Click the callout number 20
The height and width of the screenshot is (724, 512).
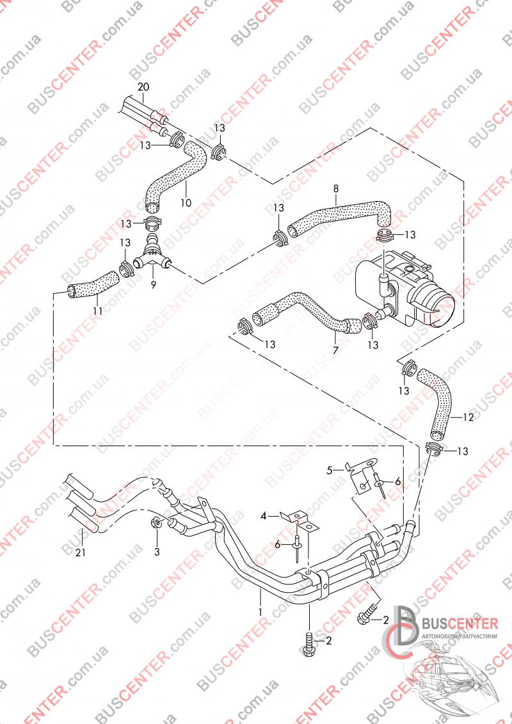(143, 87)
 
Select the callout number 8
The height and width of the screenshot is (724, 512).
(335, 188)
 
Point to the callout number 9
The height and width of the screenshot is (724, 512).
(153, 284)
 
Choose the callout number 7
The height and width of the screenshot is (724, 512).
(335, 350)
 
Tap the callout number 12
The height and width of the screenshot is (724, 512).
(468, 417)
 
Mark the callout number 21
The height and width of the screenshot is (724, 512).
(80, 551)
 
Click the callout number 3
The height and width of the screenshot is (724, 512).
(157, 551)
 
